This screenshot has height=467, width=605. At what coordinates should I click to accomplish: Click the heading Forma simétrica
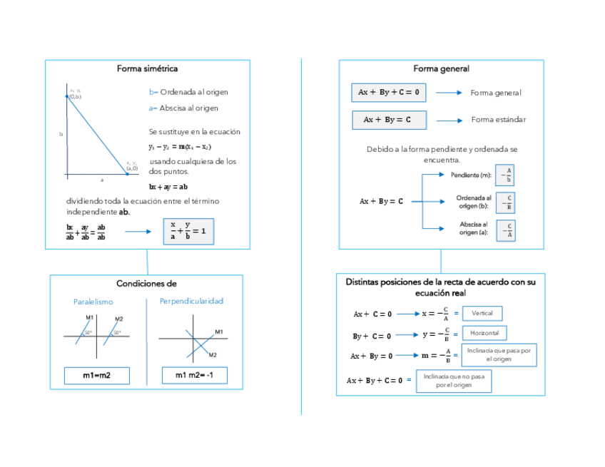tap(147, 68)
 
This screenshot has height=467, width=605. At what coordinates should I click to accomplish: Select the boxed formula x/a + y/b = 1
tap(188, 231)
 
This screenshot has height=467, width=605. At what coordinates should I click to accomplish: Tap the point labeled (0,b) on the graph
tap(67, 96)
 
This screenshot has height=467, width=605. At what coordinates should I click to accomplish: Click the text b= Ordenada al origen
tap(188, 92)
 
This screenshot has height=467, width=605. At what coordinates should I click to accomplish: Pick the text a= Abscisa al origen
tap(183, 108)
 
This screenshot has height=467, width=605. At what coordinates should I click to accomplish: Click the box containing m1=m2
tap(96, 376)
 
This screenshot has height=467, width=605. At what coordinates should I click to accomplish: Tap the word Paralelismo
tap(93, 302)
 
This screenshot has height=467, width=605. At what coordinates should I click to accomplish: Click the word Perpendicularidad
tap(191, 301)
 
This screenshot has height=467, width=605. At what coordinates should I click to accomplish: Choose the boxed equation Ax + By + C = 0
tap(389, 92)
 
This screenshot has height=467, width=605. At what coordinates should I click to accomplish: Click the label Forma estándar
tap(498, 119)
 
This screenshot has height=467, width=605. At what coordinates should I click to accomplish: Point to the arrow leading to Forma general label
tap(449, 93)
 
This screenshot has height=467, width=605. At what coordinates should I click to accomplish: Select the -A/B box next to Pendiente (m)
tap(505, 175)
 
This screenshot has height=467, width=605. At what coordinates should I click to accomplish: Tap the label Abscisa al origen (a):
tap(474, 228)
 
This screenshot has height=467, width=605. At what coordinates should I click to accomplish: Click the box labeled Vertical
tap(482, 313)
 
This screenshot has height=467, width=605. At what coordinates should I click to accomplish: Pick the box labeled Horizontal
tap(484, 333)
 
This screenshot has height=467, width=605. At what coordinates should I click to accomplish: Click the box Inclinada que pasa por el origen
tap(499, 354)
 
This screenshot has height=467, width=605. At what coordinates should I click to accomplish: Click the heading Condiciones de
tap(146, 283)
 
